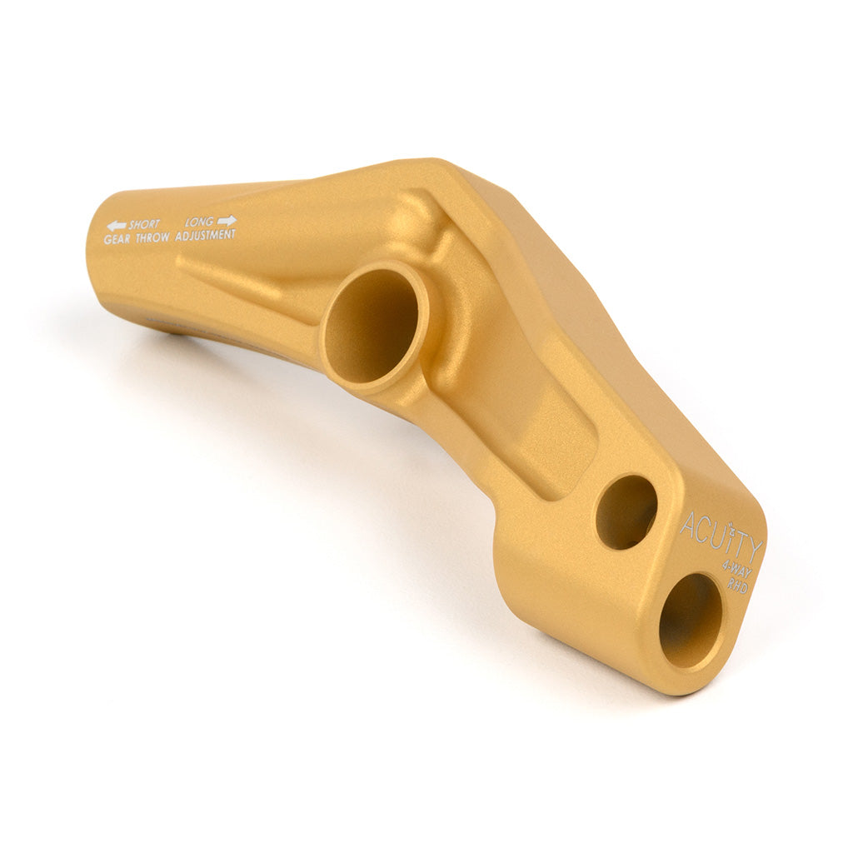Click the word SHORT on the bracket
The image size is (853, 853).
(x=144, y=225)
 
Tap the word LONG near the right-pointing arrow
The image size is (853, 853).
(x=200, y=222)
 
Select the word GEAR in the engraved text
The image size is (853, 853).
(x=117, y=238)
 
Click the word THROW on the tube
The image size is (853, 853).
(x=152, y=237)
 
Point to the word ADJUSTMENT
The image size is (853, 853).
(x=205, y=235)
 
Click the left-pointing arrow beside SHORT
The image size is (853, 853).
(x=116, y=226)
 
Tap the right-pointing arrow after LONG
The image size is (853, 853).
(x=227, y=221)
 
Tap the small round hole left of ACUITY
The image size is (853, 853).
(x=626, y=511)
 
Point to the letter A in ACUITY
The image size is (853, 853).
(x=689, y=525)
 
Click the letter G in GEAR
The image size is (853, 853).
(x=108, y=239)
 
